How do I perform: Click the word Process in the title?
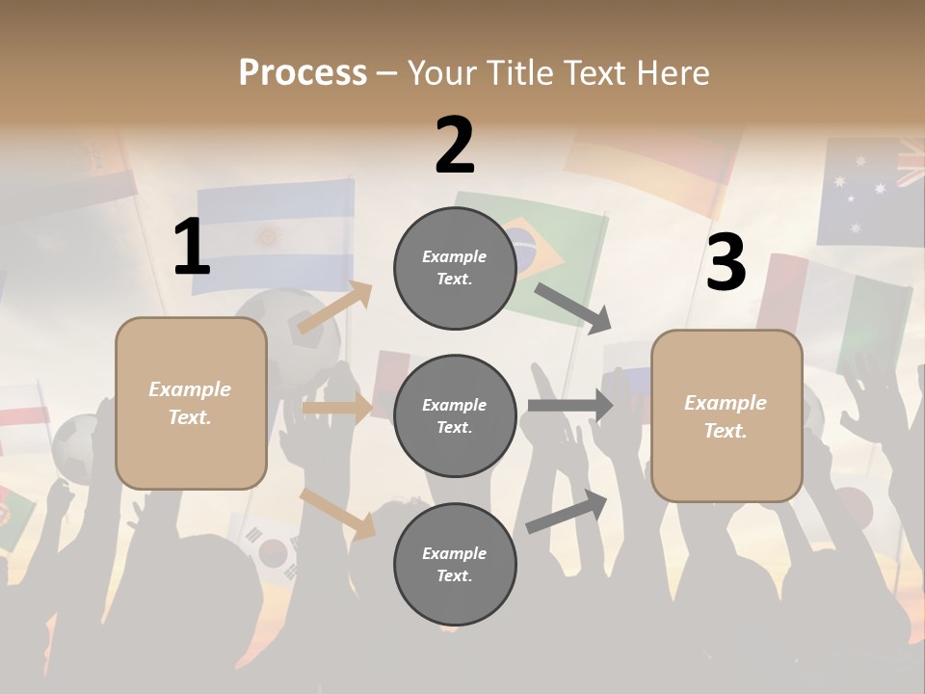[303, 72]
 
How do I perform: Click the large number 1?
[192, 248]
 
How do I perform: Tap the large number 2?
[455, 146]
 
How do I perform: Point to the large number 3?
[726, 262]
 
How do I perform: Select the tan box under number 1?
[191, 403]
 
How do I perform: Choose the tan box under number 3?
[727, 416]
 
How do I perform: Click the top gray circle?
[455, 268]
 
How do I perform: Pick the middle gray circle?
[455, 415]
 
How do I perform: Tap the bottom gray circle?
[455, 564]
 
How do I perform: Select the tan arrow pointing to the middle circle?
[337, 408]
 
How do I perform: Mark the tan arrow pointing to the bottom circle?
[337, 512]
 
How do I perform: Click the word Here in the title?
[673, 72]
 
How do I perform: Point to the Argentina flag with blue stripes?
[274, 231]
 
